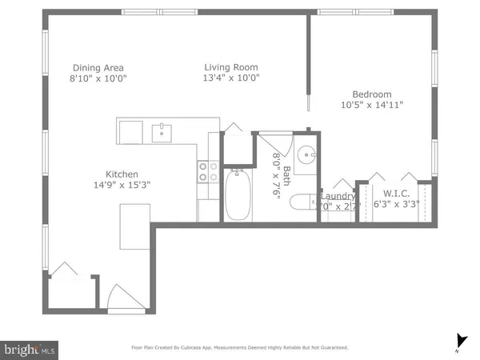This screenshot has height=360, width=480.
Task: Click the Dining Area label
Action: point(98,67)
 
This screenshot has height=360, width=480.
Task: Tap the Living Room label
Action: point(230,67)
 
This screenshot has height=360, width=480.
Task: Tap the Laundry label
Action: point(337,196)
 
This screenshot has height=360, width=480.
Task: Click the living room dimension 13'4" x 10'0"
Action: point(230,78)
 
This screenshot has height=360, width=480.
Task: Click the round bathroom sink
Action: point(306,155)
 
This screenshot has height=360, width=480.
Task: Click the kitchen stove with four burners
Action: point(208,172)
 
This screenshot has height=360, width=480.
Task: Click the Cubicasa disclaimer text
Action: point(240,348)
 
